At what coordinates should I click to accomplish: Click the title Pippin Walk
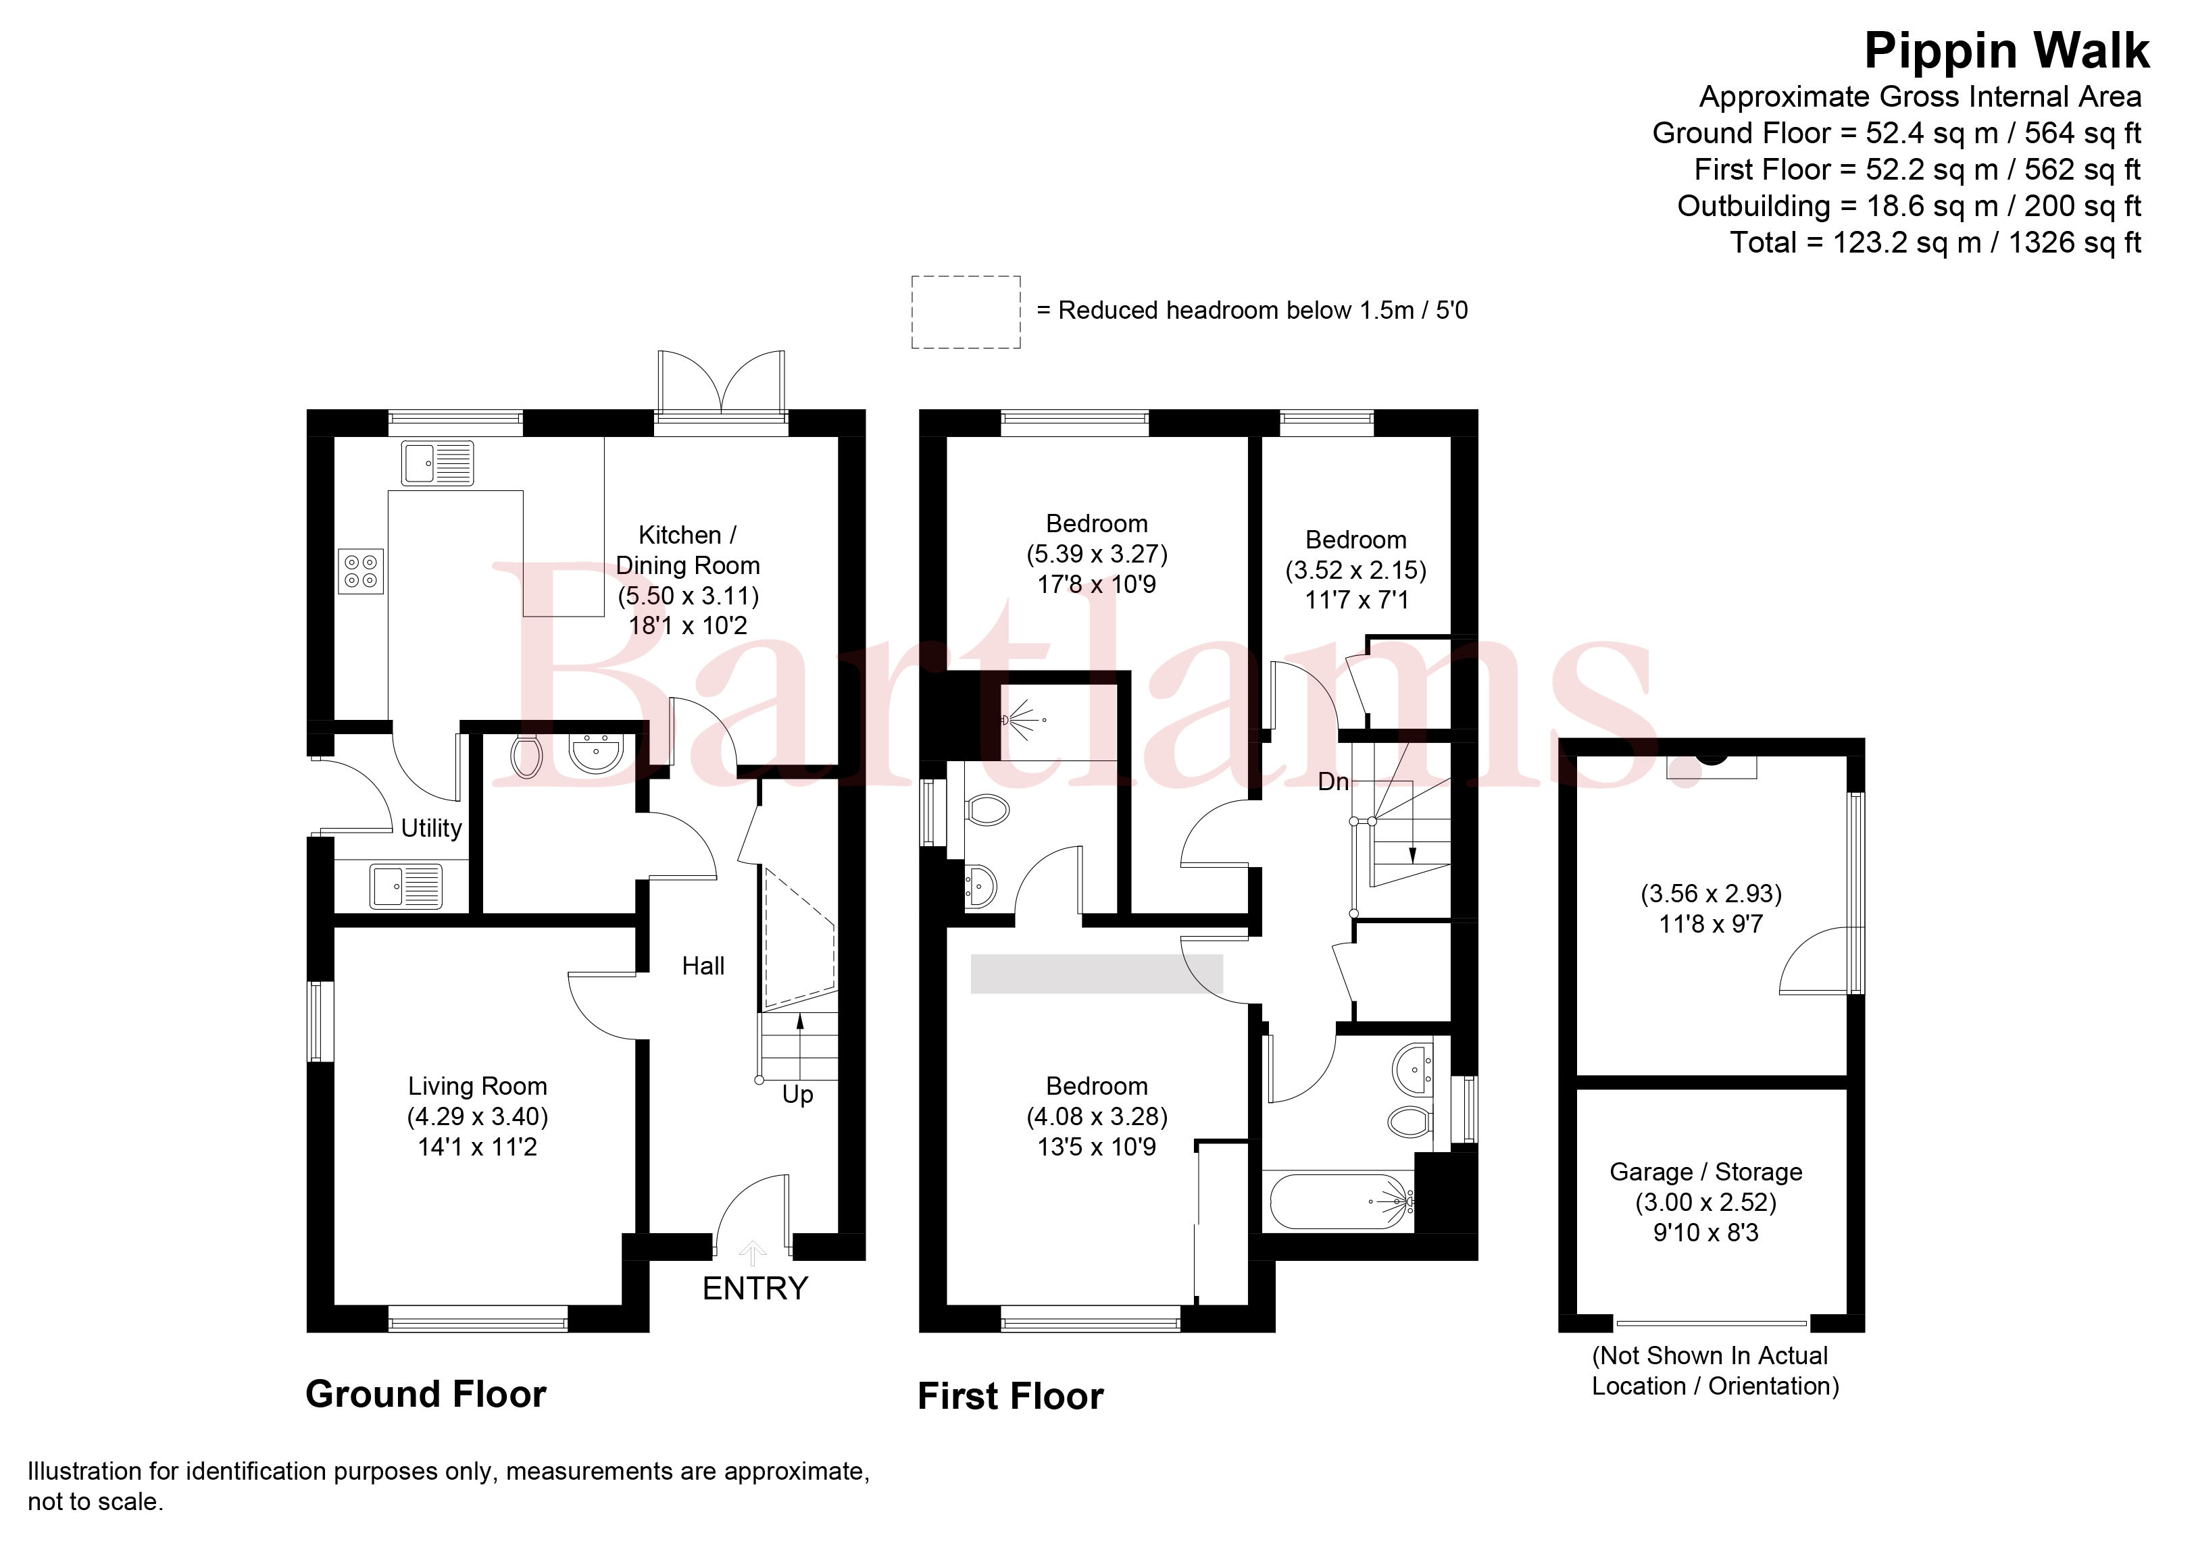pos(2006,50)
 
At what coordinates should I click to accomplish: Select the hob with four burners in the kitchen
pos(361,571)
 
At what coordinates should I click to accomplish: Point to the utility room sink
pos(406,886)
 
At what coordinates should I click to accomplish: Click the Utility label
pos(431,828)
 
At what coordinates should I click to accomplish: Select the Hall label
pos(703,966)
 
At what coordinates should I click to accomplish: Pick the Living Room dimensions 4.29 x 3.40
pos(477,1116)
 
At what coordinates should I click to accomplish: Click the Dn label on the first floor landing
pos(1333,782)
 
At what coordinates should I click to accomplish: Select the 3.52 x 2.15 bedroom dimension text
pos(1355,570)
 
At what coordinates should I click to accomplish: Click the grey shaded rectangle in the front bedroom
pos(1097,973)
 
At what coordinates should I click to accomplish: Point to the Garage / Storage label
pos(1706,1172)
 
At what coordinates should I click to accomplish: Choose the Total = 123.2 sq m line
pos(1935,242)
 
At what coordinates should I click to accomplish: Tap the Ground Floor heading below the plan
pos(426,1394)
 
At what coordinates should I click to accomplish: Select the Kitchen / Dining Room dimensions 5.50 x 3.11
pos(688,596)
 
